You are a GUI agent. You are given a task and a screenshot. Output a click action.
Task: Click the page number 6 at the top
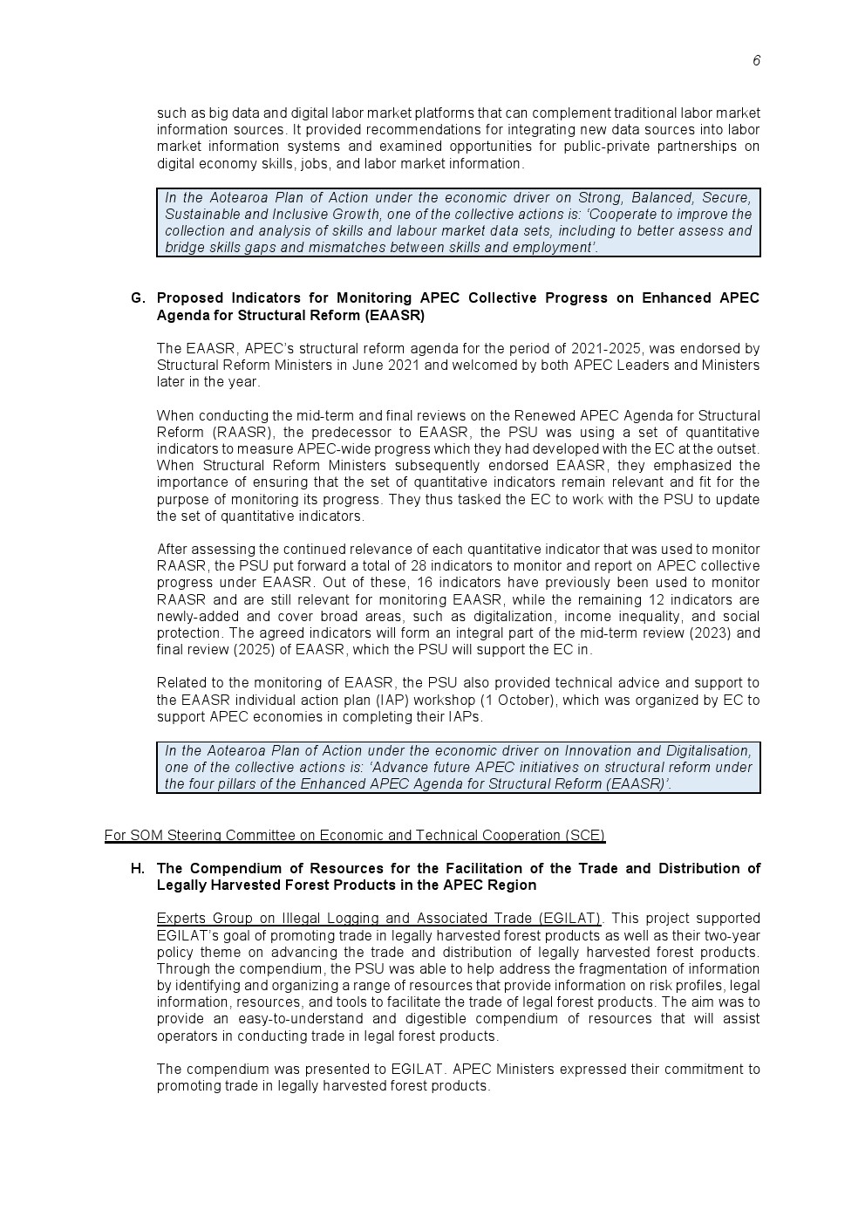click(756, 60)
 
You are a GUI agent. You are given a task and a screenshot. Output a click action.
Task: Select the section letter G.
click(137, 298)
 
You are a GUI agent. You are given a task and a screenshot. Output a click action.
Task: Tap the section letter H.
click(137, 869)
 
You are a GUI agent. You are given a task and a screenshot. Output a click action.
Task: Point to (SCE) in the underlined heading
click(585, 836)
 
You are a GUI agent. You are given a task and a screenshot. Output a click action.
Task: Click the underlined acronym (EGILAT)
click(570, 919)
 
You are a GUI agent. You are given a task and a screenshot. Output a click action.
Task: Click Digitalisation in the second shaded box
click(707, 751)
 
